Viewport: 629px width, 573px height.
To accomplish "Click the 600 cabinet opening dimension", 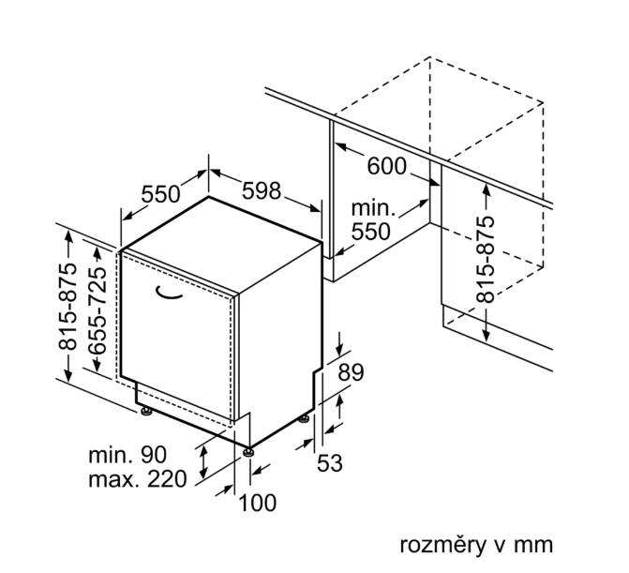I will [x=386, y=166].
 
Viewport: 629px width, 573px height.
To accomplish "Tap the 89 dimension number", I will [x=350, y=372].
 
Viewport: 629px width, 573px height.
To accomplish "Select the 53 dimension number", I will [x=330, y=461].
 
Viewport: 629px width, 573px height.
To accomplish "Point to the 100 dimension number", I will [x=258, y=503].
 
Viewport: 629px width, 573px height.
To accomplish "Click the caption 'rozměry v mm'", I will [x=477, y=545].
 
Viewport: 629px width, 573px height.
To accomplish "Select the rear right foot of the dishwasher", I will [x=307, y=417].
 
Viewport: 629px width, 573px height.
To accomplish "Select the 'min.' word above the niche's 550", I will [x=373, y=208].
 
